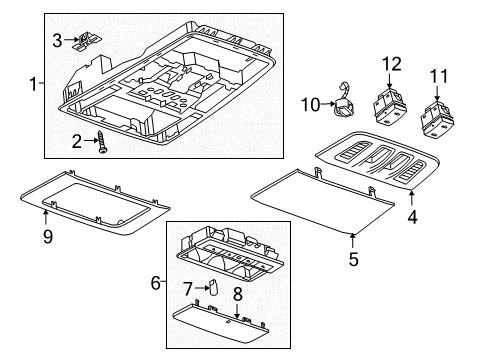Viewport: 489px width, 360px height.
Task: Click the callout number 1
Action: (x=35, y=85)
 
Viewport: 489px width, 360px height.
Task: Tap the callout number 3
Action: (x=58, y=39)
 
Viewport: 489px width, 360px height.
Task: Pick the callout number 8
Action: (x=237, y=294)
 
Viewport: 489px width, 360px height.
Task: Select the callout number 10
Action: (x=311, y=104)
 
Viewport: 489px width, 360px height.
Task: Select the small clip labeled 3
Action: (x=91, y=40)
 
